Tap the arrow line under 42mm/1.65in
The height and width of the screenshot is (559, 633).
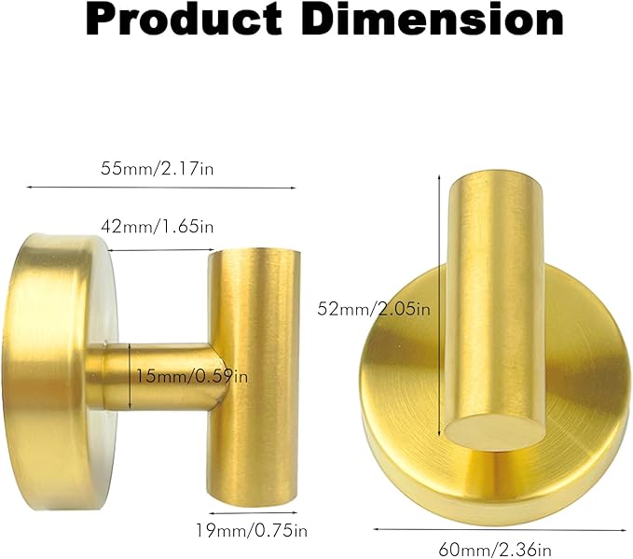(158, 251)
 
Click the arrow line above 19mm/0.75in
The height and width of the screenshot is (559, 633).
(254, 512)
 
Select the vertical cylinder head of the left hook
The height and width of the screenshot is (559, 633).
(256, 373)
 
